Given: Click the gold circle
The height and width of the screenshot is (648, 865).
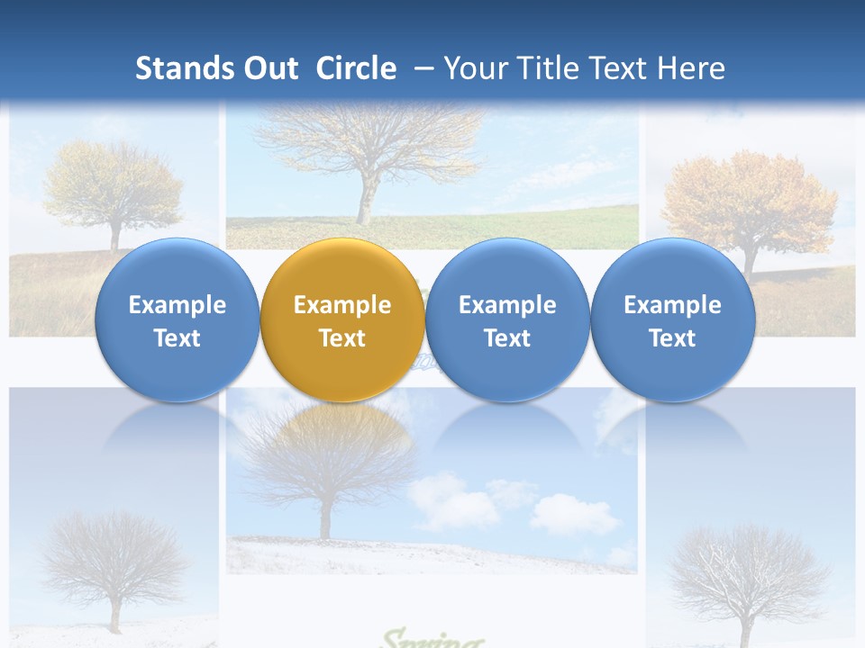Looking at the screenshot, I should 342,320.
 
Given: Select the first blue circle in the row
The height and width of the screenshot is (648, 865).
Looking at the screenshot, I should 178,320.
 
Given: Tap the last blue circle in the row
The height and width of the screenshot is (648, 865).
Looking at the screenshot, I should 672,320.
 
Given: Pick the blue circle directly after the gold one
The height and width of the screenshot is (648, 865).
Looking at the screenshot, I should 507,320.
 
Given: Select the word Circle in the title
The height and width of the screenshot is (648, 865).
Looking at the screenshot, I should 356,68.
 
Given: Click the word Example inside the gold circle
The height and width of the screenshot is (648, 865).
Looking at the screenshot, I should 342,305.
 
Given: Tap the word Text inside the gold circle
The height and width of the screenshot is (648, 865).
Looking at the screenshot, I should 342,338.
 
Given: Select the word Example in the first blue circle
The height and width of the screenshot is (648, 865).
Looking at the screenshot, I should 178,305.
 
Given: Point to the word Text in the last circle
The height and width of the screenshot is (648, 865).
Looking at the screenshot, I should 672,338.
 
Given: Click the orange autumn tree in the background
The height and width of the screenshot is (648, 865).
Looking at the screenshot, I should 748,202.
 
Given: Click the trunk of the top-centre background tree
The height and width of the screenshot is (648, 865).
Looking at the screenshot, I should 365,198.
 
